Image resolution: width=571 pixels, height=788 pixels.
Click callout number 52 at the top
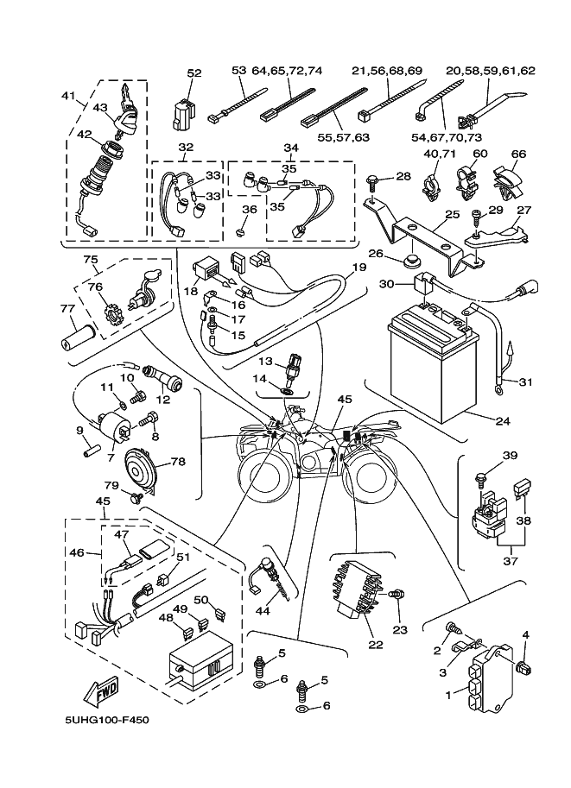point(194,73)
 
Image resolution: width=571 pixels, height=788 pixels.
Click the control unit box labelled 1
point(491,683)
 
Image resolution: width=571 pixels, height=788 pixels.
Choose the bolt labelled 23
point(397,594)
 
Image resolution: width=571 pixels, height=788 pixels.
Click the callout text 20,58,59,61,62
point(490,71)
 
